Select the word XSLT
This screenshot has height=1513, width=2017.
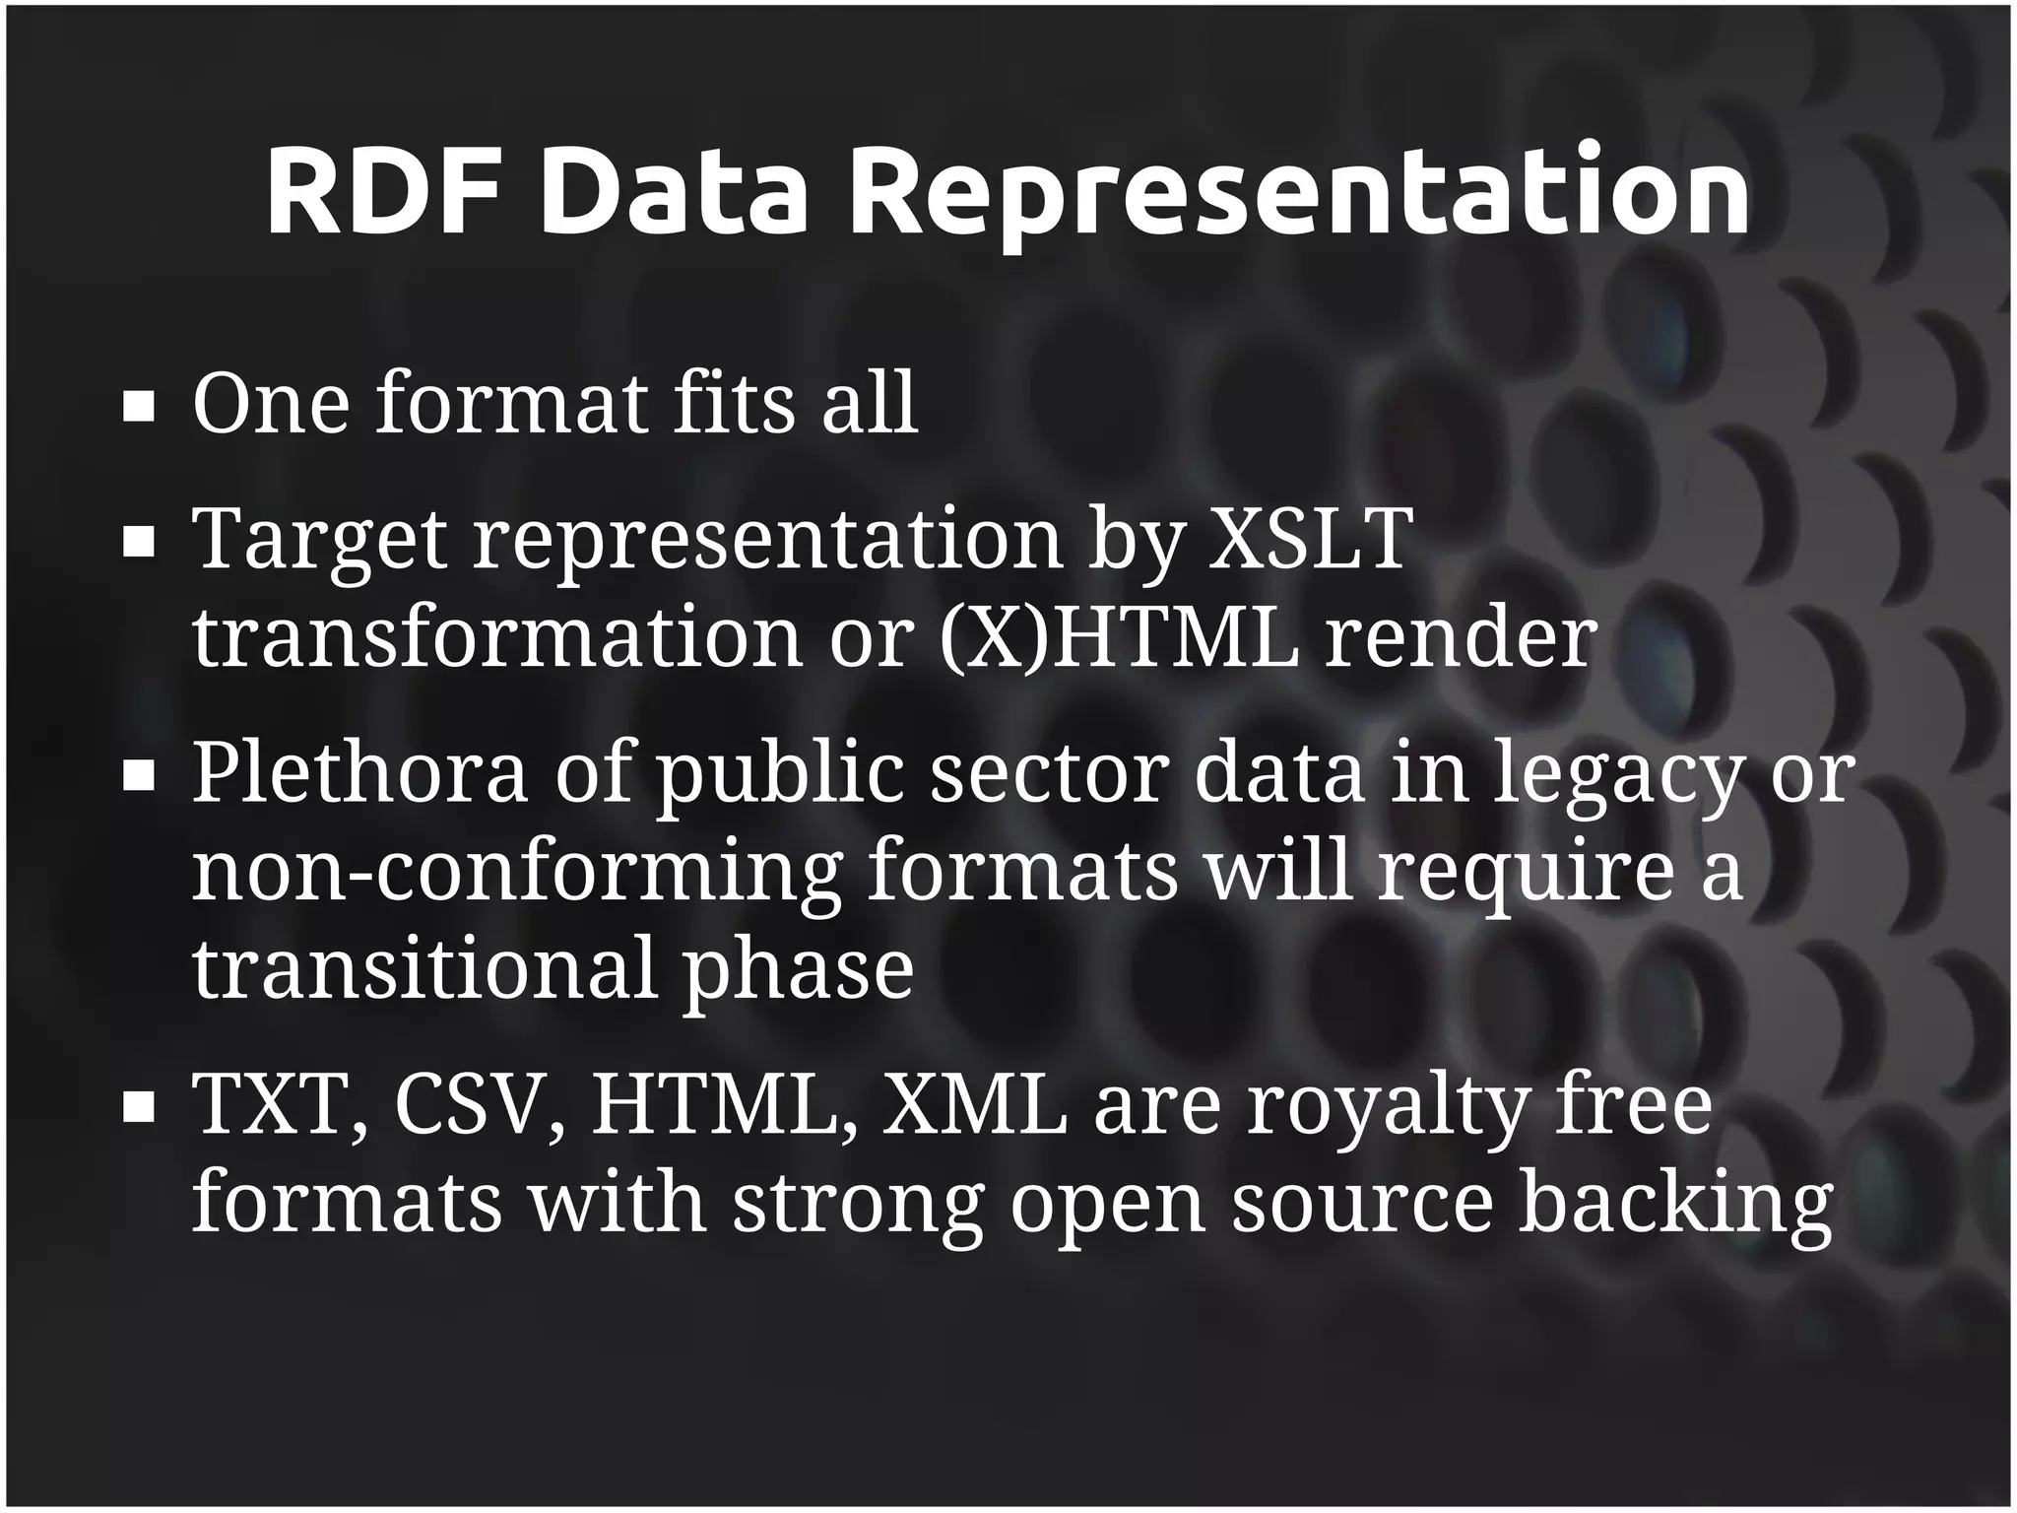point(1310,539)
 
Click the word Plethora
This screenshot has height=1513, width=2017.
point(359,772)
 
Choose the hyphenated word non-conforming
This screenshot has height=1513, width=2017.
point(517,873)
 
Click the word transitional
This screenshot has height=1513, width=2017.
point(424,969)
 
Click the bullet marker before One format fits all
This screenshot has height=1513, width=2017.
point(139,407)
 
